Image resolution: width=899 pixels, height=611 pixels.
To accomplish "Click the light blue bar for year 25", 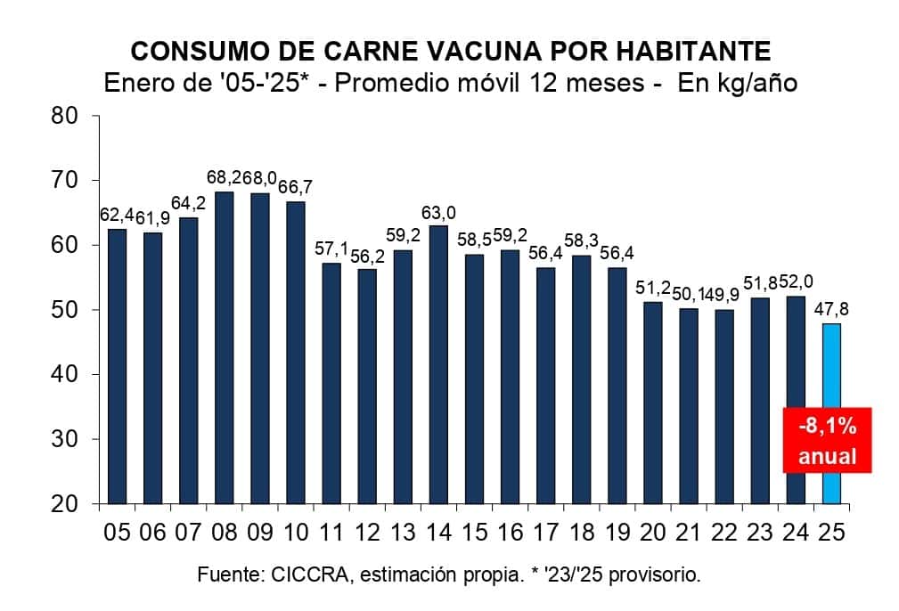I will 830,413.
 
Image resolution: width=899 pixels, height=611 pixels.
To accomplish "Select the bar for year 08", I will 224,347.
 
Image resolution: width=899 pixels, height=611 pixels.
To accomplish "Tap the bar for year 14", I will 438,364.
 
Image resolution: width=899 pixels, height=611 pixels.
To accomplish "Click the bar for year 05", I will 117,366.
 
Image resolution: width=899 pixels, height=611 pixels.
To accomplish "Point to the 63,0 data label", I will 438,213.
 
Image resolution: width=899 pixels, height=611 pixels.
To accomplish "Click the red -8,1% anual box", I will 827,441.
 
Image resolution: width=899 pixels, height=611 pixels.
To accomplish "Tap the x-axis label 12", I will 367,532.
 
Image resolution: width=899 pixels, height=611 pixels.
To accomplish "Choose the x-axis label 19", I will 617,532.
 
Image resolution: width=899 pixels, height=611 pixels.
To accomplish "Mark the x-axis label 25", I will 830,532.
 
